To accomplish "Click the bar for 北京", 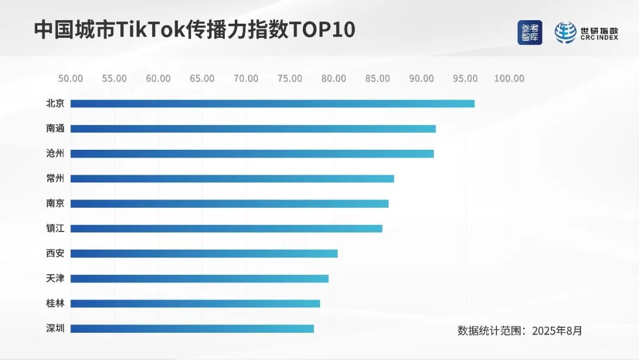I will [272, 104].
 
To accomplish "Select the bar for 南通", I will [253, 128].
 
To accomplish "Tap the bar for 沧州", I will [252, 153].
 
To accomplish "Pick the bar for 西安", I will [204, 253].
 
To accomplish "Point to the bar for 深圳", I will [192, 329].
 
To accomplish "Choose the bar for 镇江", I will [227, 229].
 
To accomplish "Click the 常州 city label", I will [55, 178].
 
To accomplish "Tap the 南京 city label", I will [55, 203].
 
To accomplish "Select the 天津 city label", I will [55, 278].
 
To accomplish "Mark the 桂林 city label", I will [55, 303].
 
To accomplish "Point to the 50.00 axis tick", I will [70, 79].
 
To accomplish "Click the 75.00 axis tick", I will [290, 79].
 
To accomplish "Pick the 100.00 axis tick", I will [509, 79].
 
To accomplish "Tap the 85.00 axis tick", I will [377, 79].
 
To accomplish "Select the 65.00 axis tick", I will [202, 79].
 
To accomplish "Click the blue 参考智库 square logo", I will [530, 33].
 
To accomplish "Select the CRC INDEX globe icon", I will [565, 33].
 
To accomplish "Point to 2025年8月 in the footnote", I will [557, 330].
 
